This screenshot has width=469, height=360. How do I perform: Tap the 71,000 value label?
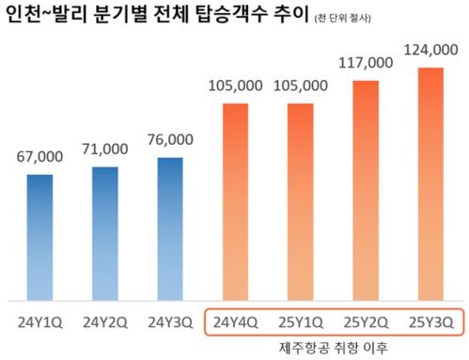click(x=105, y=149)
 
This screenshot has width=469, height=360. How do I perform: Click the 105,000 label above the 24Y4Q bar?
click(x=235, y=86)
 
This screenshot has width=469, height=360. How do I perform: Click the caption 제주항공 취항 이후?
click(x=333, y=348)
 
